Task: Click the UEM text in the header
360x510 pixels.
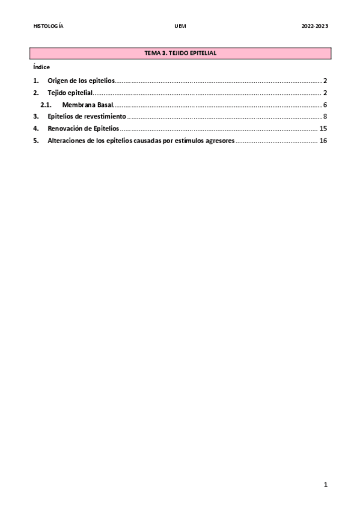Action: coord(180,26)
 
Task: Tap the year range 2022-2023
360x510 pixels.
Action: coord(315,26)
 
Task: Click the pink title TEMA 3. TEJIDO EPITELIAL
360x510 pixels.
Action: coord(180,54)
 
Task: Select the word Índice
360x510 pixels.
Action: coord(41,67)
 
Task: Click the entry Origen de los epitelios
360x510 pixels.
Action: coord(81,81)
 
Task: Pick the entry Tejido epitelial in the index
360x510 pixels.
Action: coord(70,93)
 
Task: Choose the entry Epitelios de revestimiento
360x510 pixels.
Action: coord(87,116)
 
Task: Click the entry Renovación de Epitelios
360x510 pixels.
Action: coord(83,129)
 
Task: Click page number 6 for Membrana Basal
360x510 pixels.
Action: coord(325,105)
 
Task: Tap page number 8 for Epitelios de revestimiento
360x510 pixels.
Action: coord(325,116)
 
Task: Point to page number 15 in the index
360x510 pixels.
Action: coord(323,129)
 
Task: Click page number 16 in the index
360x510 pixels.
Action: coord(323,141)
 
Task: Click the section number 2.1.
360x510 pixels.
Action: coord(46,105)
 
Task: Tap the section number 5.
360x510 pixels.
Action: coord(35,141)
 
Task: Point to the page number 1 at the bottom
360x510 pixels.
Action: coord(325,485)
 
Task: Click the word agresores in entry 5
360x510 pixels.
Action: coord(218,141)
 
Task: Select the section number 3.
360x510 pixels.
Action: coord(35,116)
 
